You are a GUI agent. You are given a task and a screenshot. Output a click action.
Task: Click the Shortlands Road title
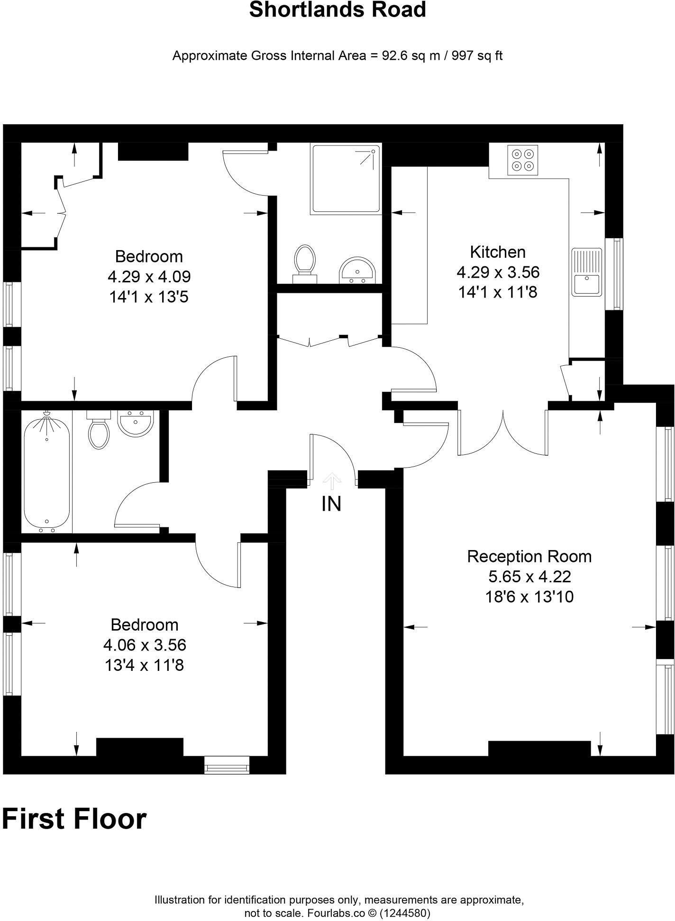coord(337,10)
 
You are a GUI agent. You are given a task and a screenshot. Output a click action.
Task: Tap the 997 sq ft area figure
coord(477,56)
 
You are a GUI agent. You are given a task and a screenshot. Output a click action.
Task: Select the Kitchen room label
coord(498,252)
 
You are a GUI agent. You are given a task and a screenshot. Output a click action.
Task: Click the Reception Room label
coord(529,556)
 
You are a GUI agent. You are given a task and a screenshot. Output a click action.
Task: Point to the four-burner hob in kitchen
coord(523,160)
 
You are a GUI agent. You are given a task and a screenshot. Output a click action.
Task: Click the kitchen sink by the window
coord(587,272)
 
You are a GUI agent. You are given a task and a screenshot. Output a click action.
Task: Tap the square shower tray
coord(346,178)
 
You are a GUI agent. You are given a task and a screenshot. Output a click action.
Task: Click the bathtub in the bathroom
coord(47,471)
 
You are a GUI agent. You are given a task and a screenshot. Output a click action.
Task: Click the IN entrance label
coord(331,504)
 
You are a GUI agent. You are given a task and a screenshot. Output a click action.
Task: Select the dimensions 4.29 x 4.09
coord(149,277)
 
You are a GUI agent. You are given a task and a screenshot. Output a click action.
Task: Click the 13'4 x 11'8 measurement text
coord(144,666)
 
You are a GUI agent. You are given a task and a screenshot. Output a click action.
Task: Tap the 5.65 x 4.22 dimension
coord(529,577)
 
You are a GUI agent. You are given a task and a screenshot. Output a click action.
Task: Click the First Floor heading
coord(74,819)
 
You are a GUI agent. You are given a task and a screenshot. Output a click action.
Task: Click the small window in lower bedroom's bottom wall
coord(227,764)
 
